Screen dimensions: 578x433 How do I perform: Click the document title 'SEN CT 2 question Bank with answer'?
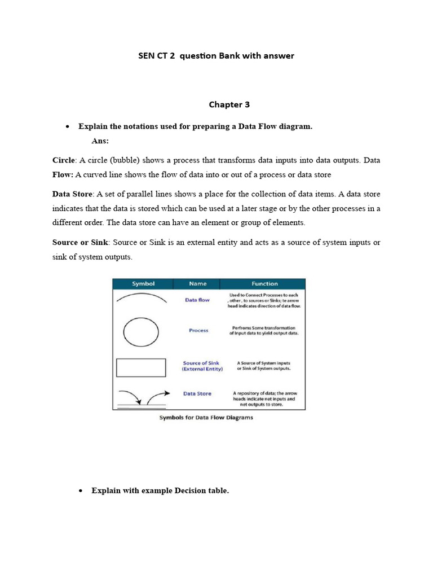point(216,56)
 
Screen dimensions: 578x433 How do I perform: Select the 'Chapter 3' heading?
point(229,104)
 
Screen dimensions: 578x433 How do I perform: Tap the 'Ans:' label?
point(100,141)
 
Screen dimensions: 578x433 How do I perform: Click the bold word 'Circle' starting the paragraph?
point(63,160)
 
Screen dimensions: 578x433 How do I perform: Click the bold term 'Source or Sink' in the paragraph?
point(81,242)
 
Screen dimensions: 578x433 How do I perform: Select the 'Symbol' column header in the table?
point(143,284)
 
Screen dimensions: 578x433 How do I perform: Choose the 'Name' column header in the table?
point(197,284)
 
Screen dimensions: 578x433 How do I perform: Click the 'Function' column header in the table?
point(264,284)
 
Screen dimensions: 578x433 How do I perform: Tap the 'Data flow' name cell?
point(197,300)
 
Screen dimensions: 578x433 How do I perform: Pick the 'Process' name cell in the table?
point(198,331)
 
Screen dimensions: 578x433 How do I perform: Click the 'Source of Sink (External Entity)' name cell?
point(202,366)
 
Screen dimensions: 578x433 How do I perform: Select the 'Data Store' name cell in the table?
point(197,393)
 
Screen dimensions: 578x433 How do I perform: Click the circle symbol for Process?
point(141,332)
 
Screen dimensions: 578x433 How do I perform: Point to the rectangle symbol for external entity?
point(141,367)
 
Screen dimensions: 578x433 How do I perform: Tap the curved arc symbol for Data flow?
point(141,297)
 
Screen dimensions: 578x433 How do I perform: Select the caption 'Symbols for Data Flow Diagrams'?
point(206,418)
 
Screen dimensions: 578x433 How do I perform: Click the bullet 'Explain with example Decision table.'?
point(160,491)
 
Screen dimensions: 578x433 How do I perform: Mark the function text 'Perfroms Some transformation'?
point(263,328)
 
